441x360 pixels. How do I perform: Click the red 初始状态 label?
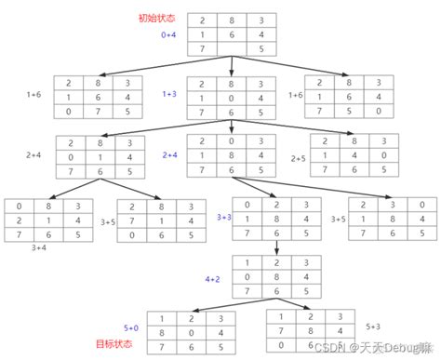click(x=154, y=18)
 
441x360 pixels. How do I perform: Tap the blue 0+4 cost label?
click(x=168, y=34)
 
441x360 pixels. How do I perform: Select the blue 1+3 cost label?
click(x=168, y=94)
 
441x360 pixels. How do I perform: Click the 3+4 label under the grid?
click(x=40, y=248)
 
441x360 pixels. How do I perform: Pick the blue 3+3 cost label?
click(x=224, y=218)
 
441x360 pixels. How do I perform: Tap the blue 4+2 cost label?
click(x=212, y=278)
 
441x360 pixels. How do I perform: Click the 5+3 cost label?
click(x=372, y=326)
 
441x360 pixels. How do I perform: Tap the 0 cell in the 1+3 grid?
click(x=232, y=97)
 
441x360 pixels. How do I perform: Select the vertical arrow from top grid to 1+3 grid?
click(x=232, y=68)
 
